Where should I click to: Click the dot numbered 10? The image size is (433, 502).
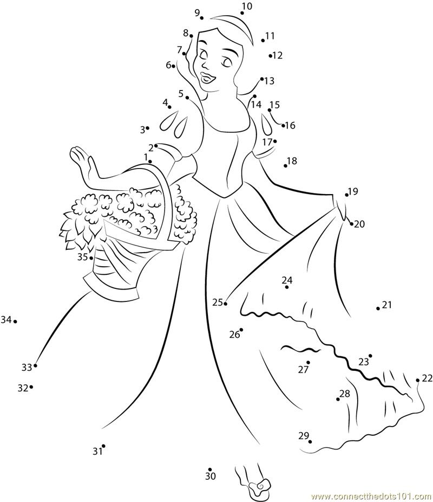(x=242, y=13)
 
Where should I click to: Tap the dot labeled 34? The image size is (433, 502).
(x=15, y=321)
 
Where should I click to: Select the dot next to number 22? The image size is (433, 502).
(x=418, y=381)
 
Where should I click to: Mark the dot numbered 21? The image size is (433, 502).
(x=378, y=308)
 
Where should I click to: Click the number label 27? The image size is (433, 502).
(x=303, y=370)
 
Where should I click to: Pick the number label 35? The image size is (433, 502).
(x=82, y=257)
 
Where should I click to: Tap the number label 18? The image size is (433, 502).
(x=292, y=160)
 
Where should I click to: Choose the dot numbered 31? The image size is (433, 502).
(x=103, y=446)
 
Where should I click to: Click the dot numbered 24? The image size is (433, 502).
(x=287, y=287)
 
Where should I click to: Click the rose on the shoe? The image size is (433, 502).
(x=261, y=487)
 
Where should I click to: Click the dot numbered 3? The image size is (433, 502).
(x=148, y=128)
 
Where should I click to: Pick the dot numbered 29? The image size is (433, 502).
(x=310, y=442)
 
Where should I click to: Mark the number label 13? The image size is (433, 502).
(x=270, y=81)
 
